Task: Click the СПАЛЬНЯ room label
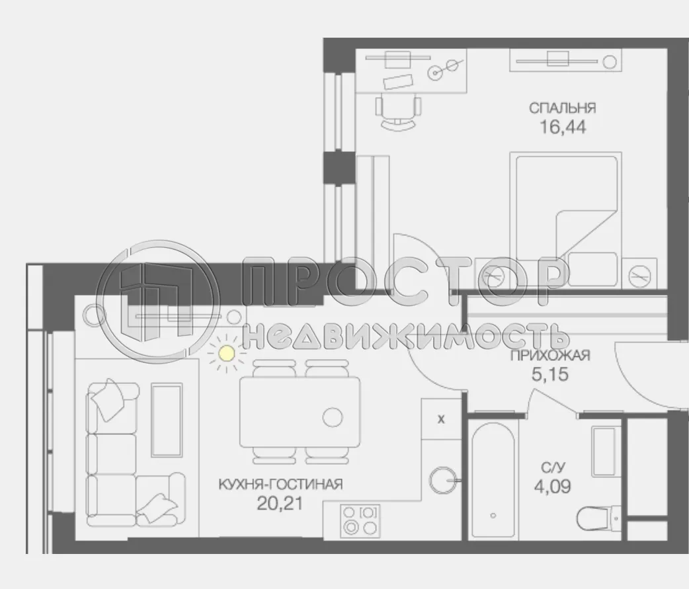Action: click(x=562, y=108)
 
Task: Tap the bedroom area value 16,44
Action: click(x=562, y=126)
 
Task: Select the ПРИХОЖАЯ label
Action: click(x=549, y=357)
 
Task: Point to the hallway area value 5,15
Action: click(x=549, y=375)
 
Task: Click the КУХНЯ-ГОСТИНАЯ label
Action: click(x=280, y=485)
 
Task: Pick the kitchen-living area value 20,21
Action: click(x=280, y=504)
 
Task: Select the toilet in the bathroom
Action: click(x=597, y=518)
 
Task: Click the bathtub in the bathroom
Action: click(x=493, y=481)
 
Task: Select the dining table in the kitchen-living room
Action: click(x=300, y=412)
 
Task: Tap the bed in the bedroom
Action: click(x=566, y=218)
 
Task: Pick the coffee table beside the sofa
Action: click(x=166, y=420)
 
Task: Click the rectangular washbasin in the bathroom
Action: click(x=606, y=452)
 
